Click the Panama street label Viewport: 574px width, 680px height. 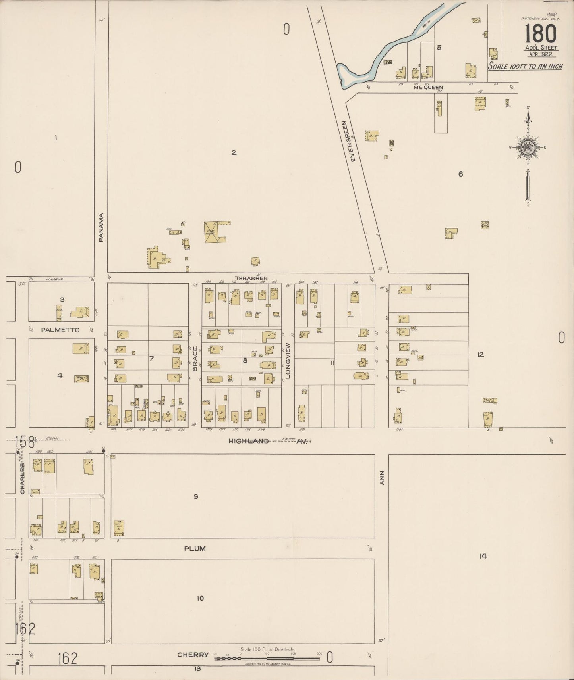tap(101, 228)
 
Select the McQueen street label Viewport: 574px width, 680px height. tap(428, 88)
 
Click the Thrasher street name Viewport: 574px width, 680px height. tap(251, 279)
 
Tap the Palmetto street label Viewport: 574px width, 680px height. tap(60, 330)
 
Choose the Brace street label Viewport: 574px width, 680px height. tap(195, 359)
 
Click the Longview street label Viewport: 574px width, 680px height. tap(288, 361)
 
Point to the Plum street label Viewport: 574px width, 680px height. tap(195, 549)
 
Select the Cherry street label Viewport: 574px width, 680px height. tap(193, 655)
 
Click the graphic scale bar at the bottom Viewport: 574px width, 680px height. tap(267, 659)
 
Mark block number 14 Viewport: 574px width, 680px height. tap(483, 556)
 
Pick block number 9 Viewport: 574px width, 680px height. tap(195, 496)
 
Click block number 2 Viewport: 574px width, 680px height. tap(234, 152)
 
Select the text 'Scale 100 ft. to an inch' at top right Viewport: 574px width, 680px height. tap(525, 66)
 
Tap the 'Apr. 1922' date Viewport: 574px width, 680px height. tap(541, 54)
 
